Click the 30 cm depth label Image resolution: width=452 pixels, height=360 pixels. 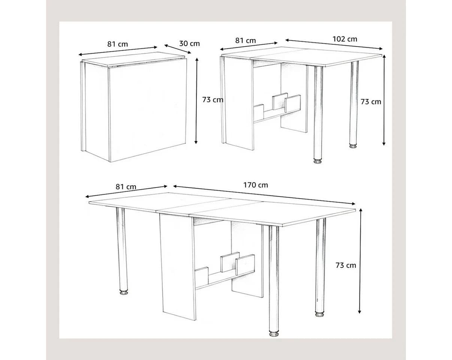click(x=189, y=43)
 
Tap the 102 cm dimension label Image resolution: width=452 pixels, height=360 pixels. click(x=345, y=39)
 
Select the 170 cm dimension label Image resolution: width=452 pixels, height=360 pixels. click(x=256, y=185)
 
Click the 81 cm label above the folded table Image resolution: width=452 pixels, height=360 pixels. click(x=117, y=44)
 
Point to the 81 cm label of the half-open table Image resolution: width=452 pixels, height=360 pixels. click(x=245, y=40)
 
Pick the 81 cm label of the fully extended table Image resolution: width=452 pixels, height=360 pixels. click(x=126, y=187)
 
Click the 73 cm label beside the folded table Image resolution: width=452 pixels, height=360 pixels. click(x=213, y=100)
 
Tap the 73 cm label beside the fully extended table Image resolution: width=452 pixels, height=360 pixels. click(x=346, y=265)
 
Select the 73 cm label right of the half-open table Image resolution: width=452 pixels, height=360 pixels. click(x=371, y=102)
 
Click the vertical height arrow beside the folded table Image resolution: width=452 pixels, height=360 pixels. click(x=196, y=101)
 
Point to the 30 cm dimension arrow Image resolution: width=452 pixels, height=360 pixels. click(x=178, y=49)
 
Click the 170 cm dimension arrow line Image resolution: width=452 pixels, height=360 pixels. click(x=264, y=195)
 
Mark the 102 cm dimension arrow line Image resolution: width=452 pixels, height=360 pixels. click(x=334, y=44)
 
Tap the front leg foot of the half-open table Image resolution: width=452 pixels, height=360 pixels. click(x=318, y=161)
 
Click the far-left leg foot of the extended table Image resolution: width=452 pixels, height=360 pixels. click(x=124, y=292)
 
